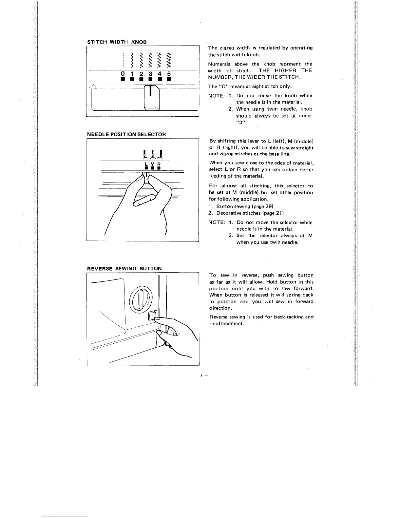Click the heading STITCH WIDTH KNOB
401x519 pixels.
(117, 42)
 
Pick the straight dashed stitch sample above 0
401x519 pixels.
(122, 59)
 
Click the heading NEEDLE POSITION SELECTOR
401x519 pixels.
(126, 134)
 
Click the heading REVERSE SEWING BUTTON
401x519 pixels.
(124, 269)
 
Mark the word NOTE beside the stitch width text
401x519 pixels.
(216, 96)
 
